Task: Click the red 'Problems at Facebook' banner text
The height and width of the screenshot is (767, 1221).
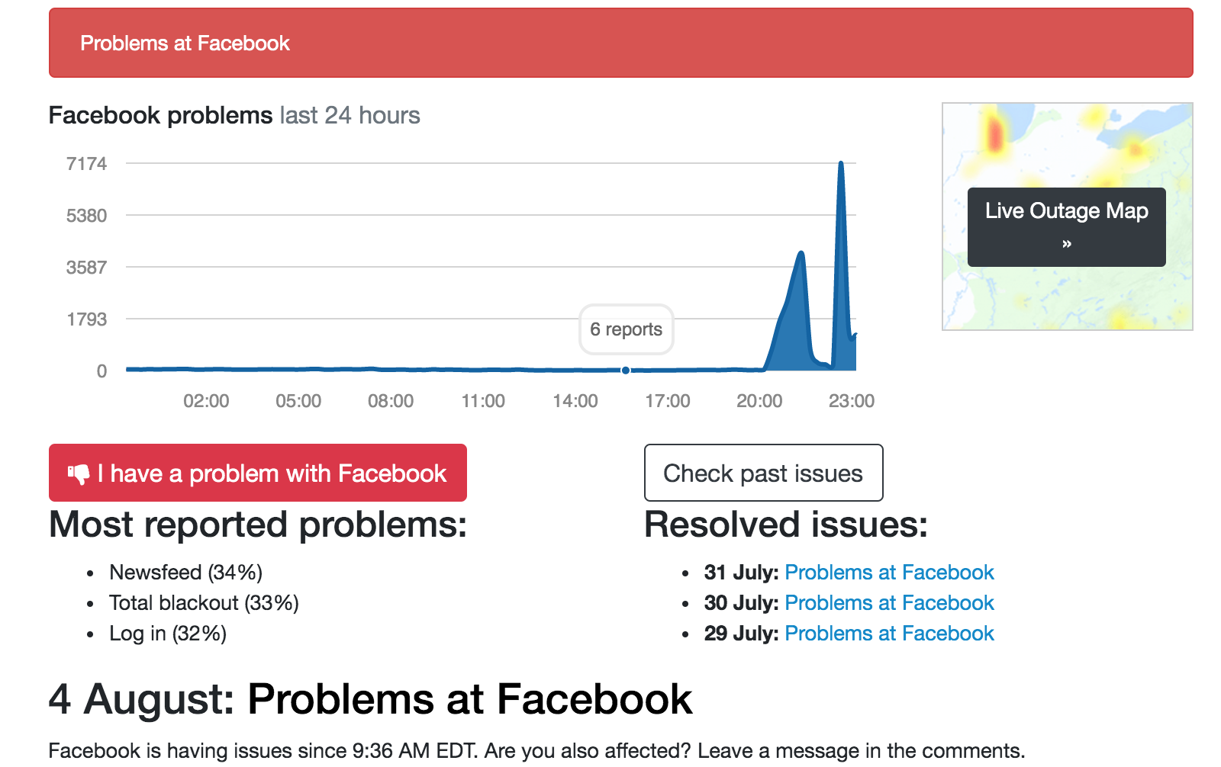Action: coord(185,43)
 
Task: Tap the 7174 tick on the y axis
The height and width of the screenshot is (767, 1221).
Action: coord(87,163)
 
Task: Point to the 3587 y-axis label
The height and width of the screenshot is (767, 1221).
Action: coord(87,267)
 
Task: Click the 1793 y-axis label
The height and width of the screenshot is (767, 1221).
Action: coord(87,319)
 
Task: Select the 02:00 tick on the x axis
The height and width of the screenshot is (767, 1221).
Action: coord(206,401)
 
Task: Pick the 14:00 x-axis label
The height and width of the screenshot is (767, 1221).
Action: coord(575,401)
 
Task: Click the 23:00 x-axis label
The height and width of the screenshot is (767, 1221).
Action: coord(852,401)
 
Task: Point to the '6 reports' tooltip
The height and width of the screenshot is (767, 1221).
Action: coord(627,329)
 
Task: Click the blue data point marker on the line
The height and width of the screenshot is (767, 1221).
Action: coord(626,371)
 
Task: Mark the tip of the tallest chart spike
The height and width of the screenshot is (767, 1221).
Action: coord(841,162)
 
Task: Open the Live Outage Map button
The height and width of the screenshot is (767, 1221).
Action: coord(1067,227)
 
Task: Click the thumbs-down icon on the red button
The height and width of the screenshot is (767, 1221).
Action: coord(79,473)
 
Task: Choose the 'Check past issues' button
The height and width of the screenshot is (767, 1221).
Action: coord(763,473)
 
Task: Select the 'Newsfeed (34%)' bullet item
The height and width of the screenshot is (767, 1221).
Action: coord(186,572)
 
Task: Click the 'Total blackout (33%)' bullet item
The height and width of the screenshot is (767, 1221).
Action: coord(204,602)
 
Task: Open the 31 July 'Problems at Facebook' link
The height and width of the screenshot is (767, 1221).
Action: coord(889,572)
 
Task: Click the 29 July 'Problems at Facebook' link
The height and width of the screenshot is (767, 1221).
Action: coord(889,633)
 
